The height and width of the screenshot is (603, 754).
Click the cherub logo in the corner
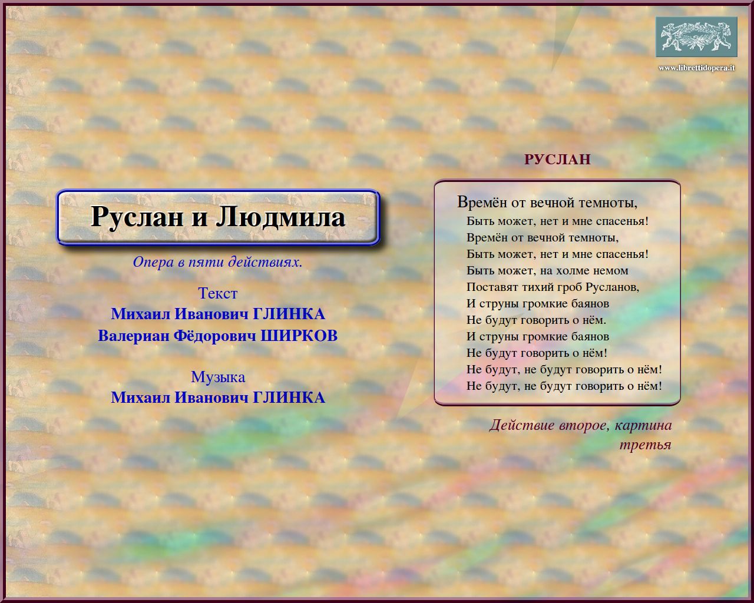(696, 37)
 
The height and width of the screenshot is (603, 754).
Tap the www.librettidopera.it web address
(696, 68)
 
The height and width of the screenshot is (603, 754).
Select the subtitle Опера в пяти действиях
(217, 261)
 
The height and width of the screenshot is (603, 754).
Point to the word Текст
(217, 293)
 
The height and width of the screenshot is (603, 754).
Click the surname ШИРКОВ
(299, 336)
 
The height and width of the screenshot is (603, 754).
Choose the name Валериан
(134, 336)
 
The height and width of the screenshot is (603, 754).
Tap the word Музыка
(218, 377)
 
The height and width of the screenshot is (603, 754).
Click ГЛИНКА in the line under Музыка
(289, 397)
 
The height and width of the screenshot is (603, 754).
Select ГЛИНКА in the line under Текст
(289, 314)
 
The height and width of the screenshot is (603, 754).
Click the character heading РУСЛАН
(557, 160)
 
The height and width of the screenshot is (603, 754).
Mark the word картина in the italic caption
(643, 426)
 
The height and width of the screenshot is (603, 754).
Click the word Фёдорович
(215, 336)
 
